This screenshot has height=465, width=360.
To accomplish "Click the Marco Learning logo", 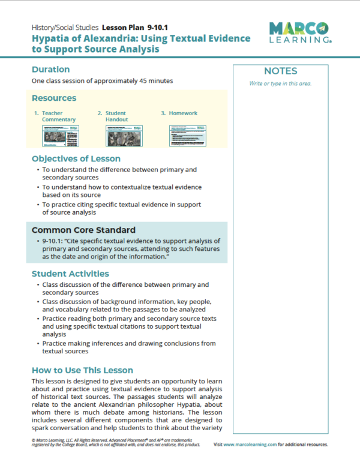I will point(299,32).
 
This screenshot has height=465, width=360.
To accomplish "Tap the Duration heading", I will point(50,69).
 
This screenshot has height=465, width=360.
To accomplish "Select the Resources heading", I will point(54,98).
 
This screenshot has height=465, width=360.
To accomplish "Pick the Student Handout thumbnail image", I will point(124,136).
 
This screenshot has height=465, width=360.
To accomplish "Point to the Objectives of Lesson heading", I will point(76,159).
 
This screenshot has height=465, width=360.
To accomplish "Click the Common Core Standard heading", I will point(83,230).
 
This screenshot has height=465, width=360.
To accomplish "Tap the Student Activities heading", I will point(70,274).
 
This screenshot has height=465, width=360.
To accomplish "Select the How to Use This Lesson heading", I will point(82,370).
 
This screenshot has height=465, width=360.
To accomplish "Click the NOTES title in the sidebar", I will point(280,71).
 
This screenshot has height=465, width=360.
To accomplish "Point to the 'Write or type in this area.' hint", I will point(280,83).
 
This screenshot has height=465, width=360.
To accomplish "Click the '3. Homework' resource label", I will point(179,113).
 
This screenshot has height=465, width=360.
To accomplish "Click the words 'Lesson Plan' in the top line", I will point(123,28).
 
